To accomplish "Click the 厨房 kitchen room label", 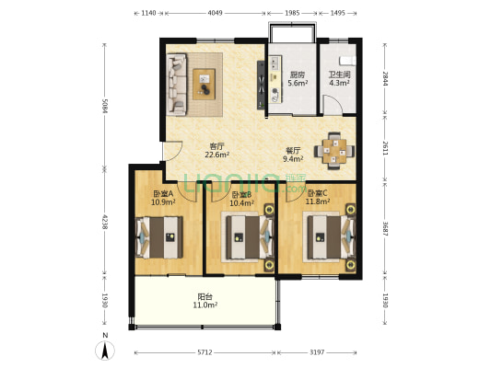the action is pyautogui.click(x=298, y=75).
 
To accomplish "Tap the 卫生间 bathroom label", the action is pyautogui.click(x=339, y=75).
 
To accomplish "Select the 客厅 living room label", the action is pyautogui.click(x=217, y=146).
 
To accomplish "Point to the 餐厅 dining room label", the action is pyautogui.click(x=293, y=150).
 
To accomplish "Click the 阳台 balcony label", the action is pyautogui.click(x=205, y=296).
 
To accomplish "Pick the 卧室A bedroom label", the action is pyautogui.click(x=163, y=194).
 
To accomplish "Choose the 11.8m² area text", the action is pyautogui.click(x=318, y=201).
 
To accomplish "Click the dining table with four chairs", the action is pyautogui.click(x=334, y=151).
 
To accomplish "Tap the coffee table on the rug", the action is pyautogui.click(x=204, y=85).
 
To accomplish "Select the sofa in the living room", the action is pyautogui.click(x=177, y=84).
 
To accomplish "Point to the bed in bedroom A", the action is pyautogui.click(x=159, y=237).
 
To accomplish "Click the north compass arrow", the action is pyautogui.click(x=105, y=351).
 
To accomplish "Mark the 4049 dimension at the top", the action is pyautogui.click(x=216, y=13).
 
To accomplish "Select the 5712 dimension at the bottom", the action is pyautogui.click(x=205, y=352).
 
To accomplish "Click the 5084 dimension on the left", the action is pyautogui.click(x=105, y=107).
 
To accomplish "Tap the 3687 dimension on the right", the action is pyautogui.click(x=385, y=228).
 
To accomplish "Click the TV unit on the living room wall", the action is pyautogui.click(x=261, y=85).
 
